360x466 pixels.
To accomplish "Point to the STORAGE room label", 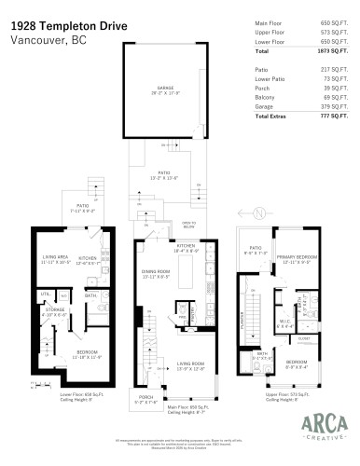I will click(x=52, y=310).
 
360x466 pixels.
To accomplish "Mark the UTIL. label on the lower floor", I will click(x=43, y=294).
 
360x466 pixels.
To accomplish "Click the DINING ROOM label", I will click(x=155, y=274).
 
